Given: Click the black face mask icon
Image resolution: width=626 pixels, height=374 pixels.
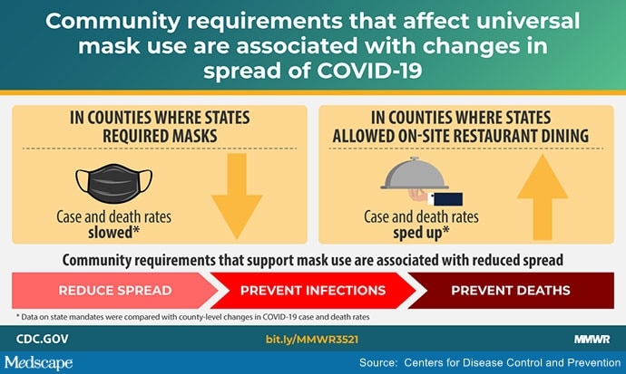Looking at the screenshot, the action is point(113,183).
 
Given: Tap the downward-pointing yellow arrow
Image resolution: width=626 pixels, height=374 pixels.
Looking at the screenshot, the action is point(237,196).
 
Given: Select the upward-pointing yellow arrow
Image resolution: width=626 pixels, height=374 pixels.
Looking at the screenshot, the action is point(543,197).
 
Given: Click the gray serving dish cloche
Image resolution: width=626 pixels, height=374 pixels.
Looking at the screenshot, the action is point(415,173).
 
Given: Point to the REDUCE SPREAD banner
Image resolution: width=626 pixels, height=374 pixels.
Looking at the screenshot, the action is point(115,291).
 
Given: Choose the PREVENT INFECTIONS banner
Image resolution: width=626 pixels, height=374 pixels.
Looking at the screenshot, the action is point(313,291).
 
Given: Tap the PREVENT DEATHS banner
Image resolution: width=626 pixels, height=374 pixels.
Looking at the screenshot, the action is point(511,291).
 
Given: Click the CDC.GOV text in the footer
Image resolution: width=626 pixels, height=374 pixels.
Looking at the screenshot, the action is point(43,339).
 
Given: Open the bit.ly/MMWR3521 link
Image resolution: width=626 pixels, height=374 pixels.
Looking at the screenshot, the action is point(312,340).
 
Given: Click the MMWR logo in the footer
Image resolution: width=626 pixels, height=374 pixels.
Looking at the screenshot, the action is point(592,340).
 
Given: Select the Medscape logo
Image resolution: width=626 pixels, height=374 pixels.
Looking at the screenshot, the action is point(39,363).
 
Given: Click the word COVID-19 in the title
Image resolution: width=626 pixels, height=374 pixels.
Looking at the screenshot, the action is point(369,71).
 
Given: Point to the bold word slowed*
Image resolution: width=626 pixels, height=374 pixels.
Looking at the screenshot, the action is point(113,232).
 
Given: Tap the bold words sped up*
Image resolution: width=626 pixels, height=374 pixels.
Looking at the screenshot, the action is point(421,233).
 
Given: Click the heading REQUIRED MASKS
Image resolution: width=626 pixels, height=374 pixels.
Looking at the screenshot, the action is point(160,136).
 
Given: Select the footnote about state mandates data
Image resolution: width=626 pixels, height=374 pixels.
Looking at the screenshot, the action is point(193,317).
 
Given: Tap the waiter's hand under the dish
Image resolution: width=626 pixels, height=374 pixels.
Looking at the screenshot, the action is point(418,196).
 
